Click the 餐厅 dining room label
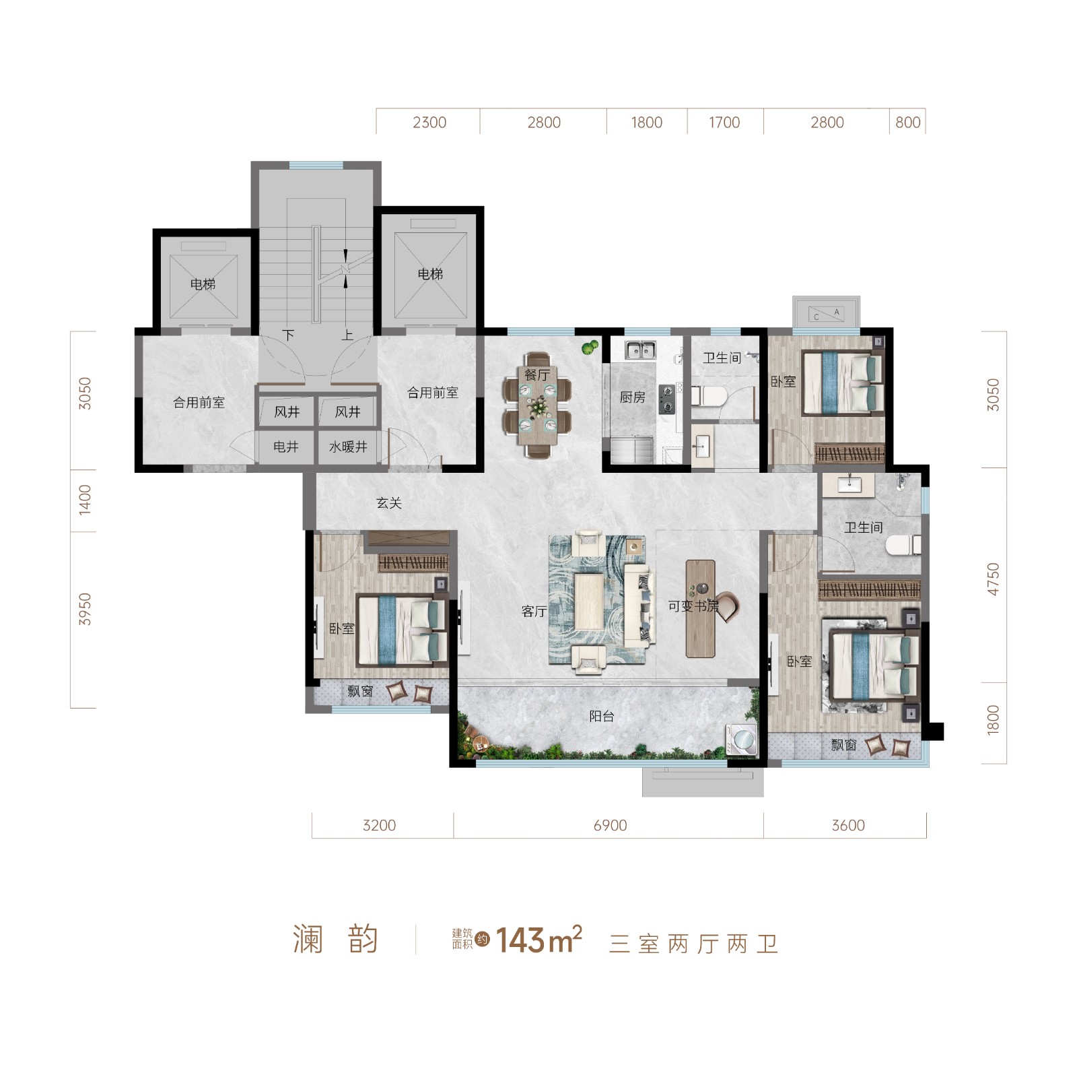pos(537,375)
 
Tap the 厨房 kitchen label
pos(633,397)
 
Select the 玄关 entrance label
pos(389,502)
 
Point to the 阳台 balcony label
pos(602,716)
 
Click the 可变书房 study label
pos(693,606)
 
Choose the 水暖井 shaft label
pos(348,447)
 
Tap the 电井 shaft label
pos(286,447)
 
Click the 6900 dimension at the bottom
pos(611,825)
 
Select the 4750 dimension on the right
pos(993,579)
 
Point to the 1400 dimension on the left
pos(85,500)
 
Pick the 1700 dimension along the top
pos(724,123)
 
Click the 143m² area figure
pos(538,940)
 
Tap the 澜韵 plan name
pos(335,940)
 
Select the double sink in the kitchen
pos(640,350)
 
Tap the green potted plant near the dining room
pos(590,347)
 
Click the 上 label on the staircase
pos(347,335)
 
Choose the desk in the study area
pos(701,608)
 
